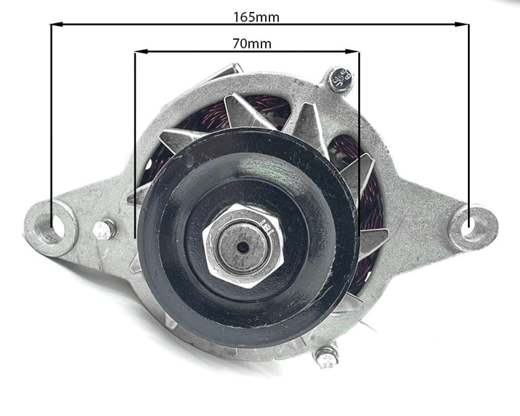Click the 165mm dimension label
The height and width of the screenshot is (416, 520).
256,17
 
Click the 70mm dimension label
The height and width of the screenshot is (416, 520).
252,44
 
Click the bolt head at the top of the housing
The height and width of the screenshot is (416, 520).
341,79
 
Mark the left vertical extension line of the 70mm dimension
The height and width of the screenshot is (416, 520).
135,146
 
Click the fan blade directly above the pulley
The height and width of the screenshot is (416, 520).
244,112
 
